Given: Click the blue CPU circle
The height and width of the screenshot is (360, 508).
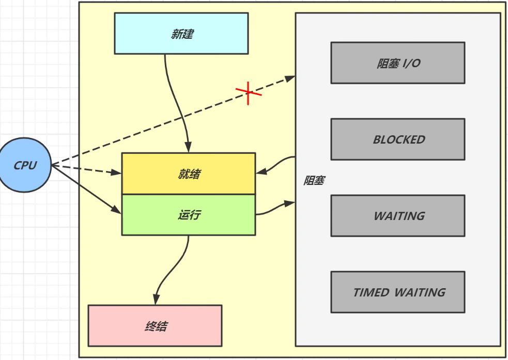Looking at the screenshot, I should tap(25, 166).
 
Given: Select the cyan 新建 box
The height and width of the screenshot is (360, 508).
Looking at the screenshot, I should tap(181, 34).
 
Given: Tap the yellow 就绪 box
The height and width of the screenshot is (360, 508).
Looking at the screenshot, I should tap(189, 174).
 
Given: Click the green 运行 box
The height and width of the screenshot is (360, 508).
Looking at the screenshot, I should tap(189, 215).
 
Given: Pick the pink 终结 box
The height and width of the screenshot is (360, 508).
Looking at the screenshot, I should tap(155, 325).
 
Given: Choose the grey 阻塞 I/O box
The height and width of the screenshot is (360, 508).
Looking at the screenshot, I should tap(397, 63).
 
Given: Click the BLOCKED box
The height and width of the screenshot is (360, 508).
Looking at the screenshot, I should tap(397, 139).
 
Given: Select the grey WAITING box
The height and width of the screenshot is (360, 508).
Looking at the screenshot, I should tap(397, 216).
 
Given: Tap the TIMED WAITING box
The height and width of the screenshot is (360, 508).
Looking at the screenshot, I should tap(397, 292).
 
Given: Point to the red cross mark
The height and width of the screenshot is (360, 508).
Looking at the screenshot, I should tap(249, 92).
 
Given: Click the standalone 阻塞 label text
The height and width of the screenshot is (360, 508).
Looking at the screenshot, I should tap(314, 181).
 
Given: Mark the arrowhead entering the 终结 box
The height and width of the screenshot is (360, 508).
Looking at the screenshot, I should tap(156, 300).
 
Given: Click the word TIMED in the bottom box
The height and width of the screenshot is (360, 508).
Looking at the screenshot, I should tap(372, 292).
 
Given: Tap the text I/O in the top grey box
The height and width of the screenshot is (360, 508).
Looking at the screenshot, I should tap(411, 63).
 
